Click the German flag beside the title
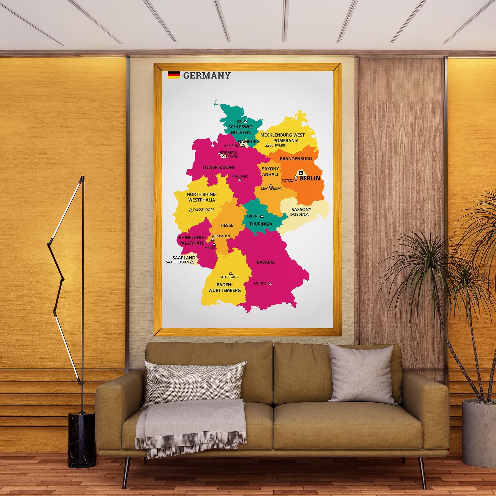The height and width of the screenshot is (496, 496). click(x=174, y=75)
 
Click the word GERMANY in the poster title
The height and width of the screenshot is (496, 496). click(x=207, y=76)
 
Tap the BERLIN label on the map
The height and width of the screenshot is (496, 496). click(x=309, y=179)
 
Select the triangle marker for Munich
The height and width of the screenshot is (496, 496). click(x=271, y=283)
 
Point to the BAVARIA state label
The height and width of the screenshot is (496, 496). click(x=266, y=262)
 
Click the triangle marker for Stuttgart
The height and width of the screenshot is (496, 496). click(x=231, y=273)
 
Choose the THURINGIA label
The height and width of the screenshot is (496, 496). click(x=261, y=224)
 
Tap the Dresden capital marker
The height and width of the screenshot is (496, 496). click(x=307, y=215)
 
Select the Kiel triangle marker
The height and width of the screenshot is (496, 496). click(x=245, y=121)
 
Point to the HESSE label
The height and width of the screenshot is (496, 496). click(x=227, y=225)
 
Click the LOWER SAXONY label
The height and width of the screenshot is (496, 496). click(x=219, y=167)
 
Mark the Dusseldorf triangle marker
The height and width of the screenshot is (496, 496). click(x=191, y=210)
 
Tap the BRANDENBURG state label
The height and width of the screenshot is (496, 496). click(x=296, y=158)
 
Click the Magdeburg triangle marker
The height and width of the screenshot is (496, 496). click(x=271, y=185)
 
